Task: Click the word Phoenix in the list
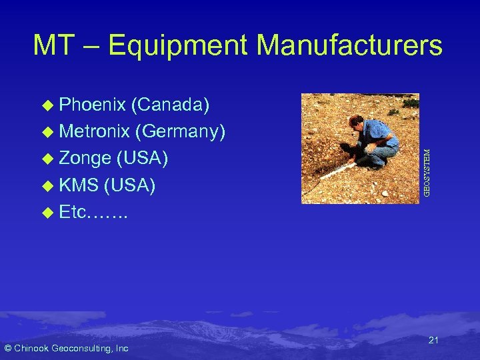tap(92, 105)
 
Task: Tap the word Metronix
tap(93, 132)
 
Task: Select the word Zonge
tap(85, 159)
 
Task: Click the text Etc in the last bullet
tap(73, 212)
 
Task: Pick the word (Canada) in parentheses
tap(171, 105)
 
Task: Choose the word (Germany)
tap(180, 132)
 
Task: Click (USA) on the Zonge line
tap(142, 159)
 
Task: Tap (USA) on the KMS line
tap(130, 185)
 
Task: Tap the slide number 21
tap(433, 341)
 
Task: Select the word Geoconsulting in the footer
tap(81, 348)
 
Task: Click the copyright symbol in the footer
tap(7, 348)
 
